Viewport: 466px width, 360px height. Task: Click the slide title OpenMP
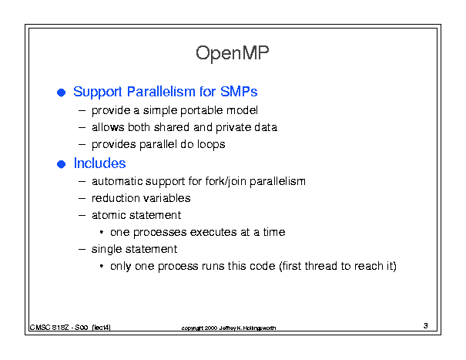tap(233, 53)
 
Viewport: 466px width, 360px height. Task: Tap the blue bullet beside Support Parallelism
tap(61, 93)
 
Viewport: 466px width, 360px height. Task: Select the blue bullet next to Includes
tap(61, 164)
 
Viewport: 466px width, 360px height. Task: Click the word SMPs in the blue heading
tap(239, 92)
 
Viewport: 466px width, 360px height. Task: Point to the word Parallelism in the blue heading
tap(161, 92)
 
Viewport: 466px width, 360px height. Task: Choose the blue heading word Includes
tap(100, 163)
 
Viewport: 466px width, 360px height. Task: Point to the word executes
tap(213, 232)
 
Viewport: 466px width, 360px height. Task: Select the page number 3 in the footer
tap(426, 326)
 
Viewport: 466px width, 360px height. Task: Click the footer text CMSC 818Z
tap(49, 328)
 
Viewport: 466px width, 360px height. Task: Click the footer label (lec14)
tap(102, 328)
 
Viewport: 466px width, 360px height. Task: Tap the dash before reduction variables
tap(82, 198)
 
